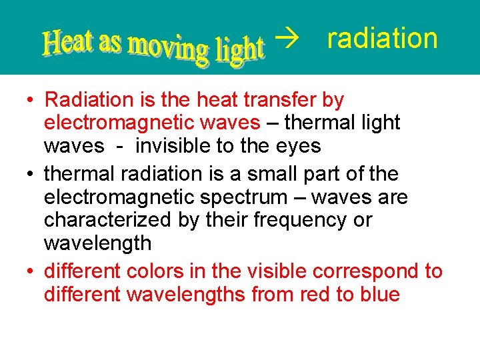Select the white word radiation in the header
tap(382, 39)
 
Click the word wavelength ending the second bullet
tap(97, 243)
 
